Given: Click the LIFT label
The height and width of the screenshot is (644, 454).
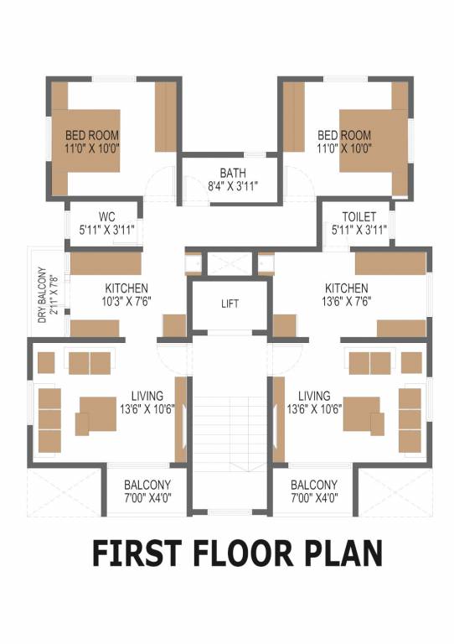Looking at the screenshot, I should pos(230,304).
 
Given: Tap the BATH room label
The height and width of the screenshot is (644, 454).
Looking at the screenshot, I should pos(233,174).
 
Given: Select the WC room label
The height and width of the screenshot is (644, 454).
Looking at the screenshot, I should pos(106,216).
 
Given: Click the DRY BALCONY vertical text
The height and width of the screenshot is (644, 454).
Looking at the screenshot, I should pos(41,294).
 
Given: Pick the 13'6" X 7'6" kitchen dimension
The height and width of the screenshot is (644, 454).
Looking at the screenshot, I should pos(346,300).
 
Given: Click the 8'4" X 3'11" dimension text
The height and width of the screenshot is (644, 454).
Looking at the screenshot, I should pos(233,186).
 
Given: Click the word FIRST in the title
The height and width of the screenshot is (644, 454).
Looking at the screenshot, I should pos(136,554).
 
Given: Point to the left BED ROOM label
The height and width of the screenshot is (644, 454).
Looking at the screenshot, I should pos(92,135).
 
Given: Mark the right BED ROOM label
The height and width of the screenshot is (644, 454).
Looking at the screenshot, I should pos(343,135).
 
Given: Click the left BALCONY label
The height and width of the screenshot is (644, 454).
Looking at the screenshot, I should pos(147,485).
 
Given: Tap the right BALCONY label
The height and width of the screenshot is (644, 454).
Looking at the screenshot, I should pos(314,485).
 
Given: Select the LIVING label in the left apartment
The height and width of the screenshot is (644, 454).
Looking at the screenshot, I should pos(147,396).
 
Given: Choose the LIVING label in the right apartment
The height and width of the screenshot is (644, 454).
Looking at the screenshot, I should pos(314,396).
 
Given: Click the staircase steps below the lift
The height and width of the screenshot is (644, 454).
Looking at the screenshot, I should pos(230,419).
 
